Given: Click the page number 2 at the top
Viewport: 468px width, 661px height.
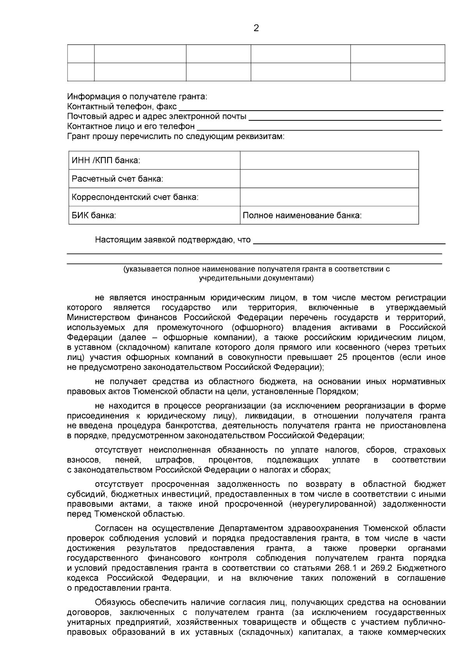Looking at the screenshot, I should click(256, 28).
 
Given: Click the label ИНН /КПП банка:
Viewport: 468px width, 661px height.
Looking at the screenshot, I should click(106, 160).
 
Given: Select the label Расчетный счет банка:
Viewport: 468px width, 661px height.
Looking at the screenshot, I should click(117, 179).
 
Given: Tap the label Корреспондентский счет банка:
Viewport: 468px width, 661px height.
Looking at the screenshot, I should click(135, 197).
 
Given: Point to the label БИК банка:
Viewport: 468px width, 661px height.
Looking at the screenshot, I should click(94, 215).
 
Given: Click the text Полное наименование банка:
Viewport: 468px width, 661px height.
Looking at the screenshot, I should click(302, 215).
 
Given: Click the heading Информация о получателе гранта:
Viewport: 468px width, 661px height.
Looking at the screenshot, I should click(137, 96).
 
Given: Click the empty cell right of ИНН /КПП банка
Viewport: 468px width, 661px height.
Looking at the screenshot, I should click(329, 160).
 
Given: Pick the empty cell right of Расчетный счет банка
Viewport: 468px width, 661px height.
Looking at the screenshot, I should click(329, 179).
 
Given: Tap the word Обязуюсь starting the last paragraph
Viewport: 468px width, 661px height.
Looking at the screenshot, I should click(114, 603).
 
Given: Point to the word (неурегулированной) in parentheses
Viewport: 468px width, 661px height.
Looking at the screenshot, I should click(330, 504).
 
